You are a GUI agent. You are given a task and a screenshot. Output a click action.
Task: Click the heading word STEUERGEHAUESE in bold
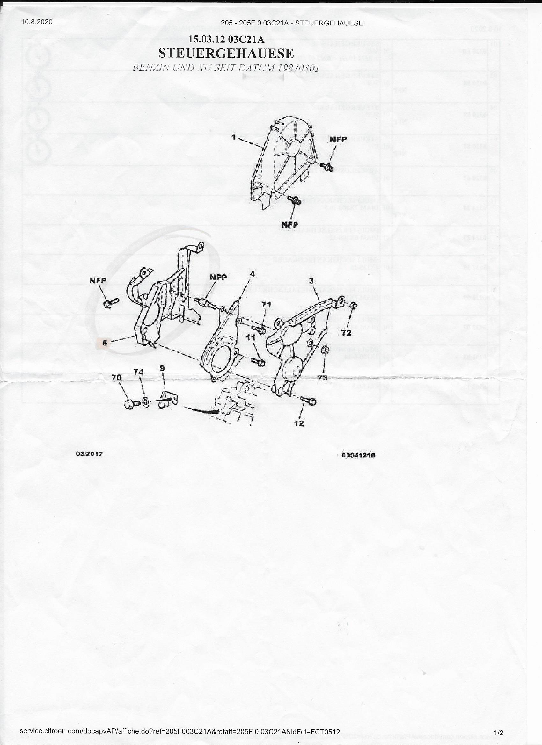click(226, 53)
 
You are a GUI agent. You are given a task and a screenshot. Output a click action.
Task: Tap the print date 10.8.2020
click(37, 22)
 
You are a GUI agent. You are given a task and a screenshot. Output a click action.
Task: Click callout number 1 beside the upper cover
click(233, 137)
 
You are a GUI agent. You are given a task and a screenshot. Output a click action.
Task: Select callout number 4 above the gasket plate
click(252, 273)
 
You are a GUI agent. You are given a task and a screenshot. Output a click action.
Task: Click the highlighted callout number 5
click(105, 343)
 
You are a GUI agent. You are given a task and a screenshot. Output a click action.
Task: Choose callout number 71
click(266, 305)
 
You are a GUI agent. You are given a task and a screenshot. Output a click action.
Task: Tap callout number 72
click(346, 333)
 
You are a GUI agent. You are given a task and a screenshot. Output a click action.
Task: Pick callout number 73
click(322, 378)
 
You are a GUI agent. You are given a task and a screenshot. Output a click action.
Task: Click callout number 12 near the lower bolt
click(299, 423)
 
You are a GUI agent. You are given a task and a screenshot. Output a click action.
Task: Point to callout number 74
click(138, 372)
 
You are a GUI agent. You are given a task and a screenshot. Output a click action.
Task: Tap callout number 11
click(251, 337)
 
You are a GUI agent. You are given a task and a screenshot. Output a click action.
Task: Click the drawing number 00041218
click(358, 455)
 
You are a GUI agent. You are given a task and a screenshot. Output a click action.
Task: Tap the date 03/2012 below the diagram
click(89, 454)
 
